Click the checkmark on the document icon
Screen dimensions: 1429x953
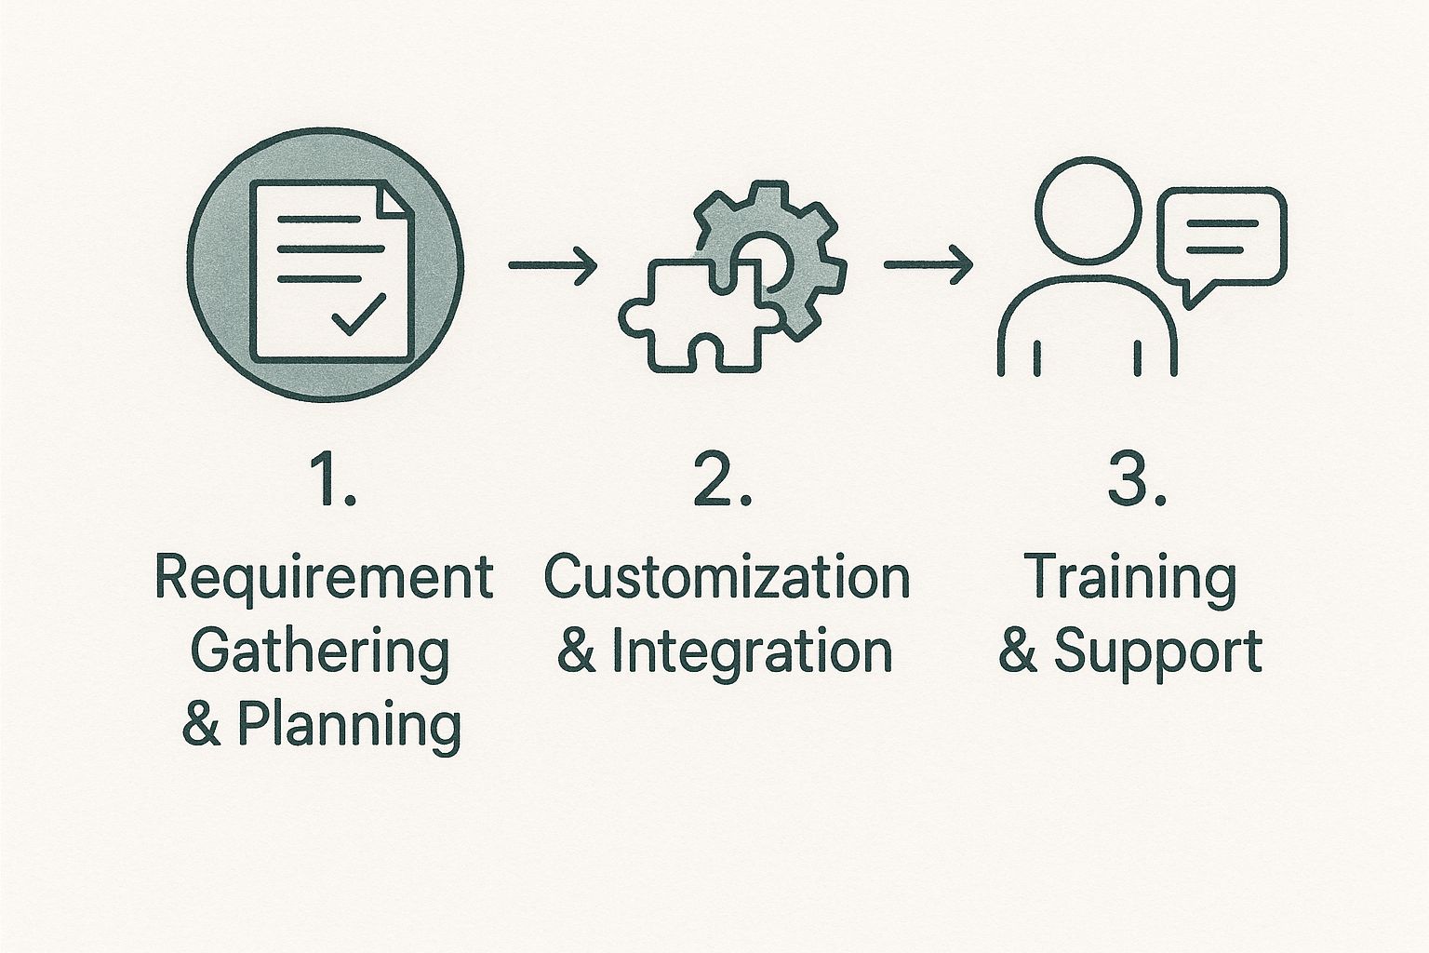pyautogui.click(x=358, y=315)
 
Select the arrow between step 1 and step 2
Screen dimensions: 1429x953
pyautogui.click(x=553, y=264)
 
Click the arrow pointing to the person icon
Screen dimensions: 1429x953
pyautogui.click(x=928, y=264)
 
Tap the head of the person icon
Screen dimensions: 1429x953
pyautogui.click(x=1088, y=210)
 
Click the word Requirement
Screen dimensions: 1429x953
pyautogui.click(x=325, y=578)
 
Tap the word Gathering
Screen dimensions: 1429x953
pyautogui.click(x=320, y=652)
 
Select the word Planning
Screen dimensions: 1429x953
pyautogui.click(x=350, y=726)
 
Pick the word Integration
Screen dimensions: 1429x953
pyautogui.click(x=753, y=651)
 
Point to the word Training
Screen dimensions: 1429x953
pyautogui.click(x=1130, y=579)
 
